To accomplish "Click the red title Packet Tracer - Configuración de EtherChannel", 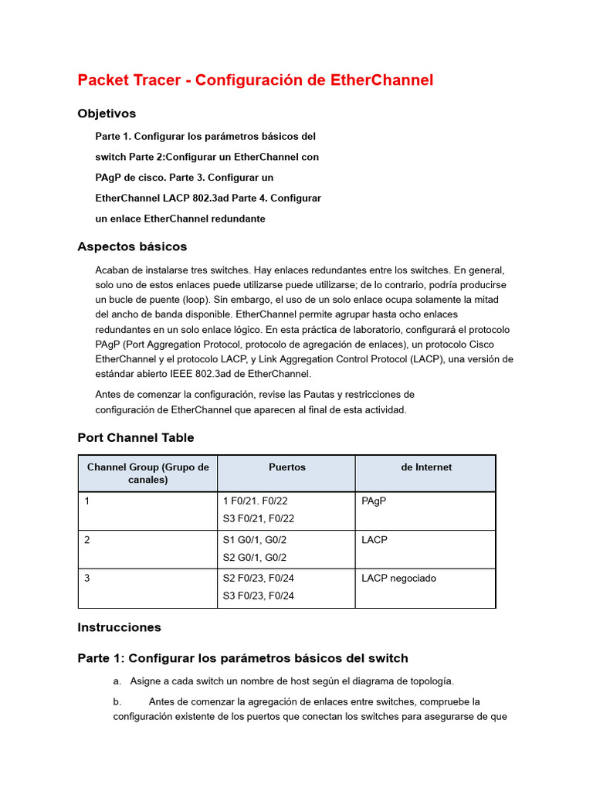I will (255, 80).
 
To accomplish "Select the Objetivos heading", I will (107, 114).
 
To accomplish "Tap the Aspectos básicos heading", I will (132, 246).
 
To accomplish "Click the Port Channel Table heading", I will (135, 437).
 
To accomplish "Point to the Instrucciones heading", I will (119, 627).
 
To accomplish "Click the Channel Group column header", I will (147, 474).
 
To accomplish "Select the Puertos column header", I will (286, 467).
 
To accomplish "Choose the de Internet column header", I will (425, 467).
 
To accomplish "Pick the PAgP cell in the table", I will (374, 501).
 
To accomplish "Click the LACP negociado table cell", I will (398, 579).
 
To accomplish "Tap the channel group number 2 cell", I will (88, 540).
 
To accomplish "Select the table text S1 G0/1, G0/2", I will (254, 540).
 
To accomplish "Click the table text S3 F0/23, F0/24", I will (258, 596).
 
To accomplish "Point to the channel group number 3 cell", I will (88, 579).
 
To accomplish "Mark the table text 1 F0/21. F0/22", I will (255, 501).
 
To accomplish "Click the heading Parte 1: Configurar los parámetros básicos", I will (242, 658).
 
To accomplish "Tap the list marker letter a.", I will (117, 681).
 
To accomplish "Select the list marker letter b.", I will (117, 702).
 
